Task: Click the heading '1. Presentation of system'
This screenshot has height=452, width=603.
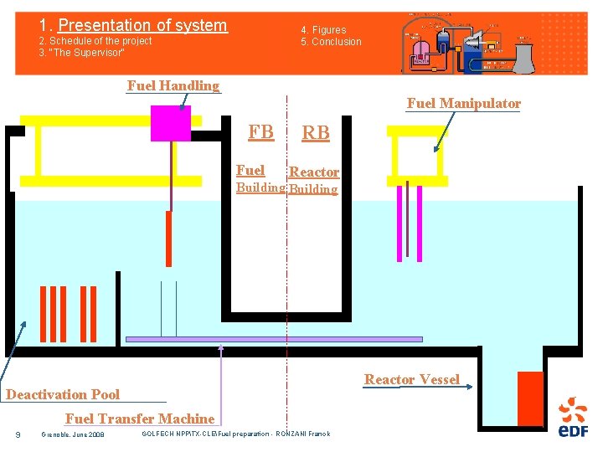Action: [x=133, y=25]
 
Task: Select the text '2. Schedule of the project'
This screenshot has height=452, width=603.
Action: [x=95, y=41]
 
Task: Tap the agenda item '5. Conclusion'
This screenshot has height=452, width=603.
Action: [x=332, y=42]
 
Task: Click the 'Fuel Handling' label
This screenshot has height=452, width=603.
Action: [x=173, y=85]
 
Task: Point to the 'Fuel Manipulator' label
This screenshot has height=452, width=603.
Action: [x=463, y=104]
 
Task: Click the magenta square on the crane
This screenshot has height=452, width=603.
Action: [x=171, y=123]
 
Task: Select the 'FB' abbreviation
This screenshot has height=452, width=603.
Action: [x=260, y=131]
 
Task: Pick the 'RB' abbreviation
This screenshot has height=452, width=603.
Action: [x=316, y=133]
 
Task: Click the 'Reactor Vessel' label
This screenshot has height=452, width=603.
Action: [x=411, y=380]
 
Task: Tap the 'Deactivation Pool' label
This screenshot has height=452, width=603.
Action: [x=63, y=394]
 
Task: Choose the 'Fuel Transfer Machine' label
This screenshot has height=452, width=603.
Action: [x=140, y=419]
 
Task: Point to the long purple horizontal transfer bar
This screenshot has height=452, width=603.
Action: [x=274, y=339]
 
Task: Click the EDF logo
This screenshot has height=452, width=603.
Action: [x=573, y=418]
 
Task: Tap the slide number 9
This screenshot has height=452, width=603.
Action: [x=18, y=434]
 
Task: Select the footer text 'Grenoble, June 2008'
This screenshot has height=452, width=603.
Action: [x=73, y=434]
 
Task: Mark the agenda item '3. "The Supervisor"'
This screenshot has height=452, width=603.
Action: [x=82, y=53]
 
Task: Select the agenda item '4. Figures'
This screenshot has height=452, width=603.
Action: [x=323, y=30]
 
